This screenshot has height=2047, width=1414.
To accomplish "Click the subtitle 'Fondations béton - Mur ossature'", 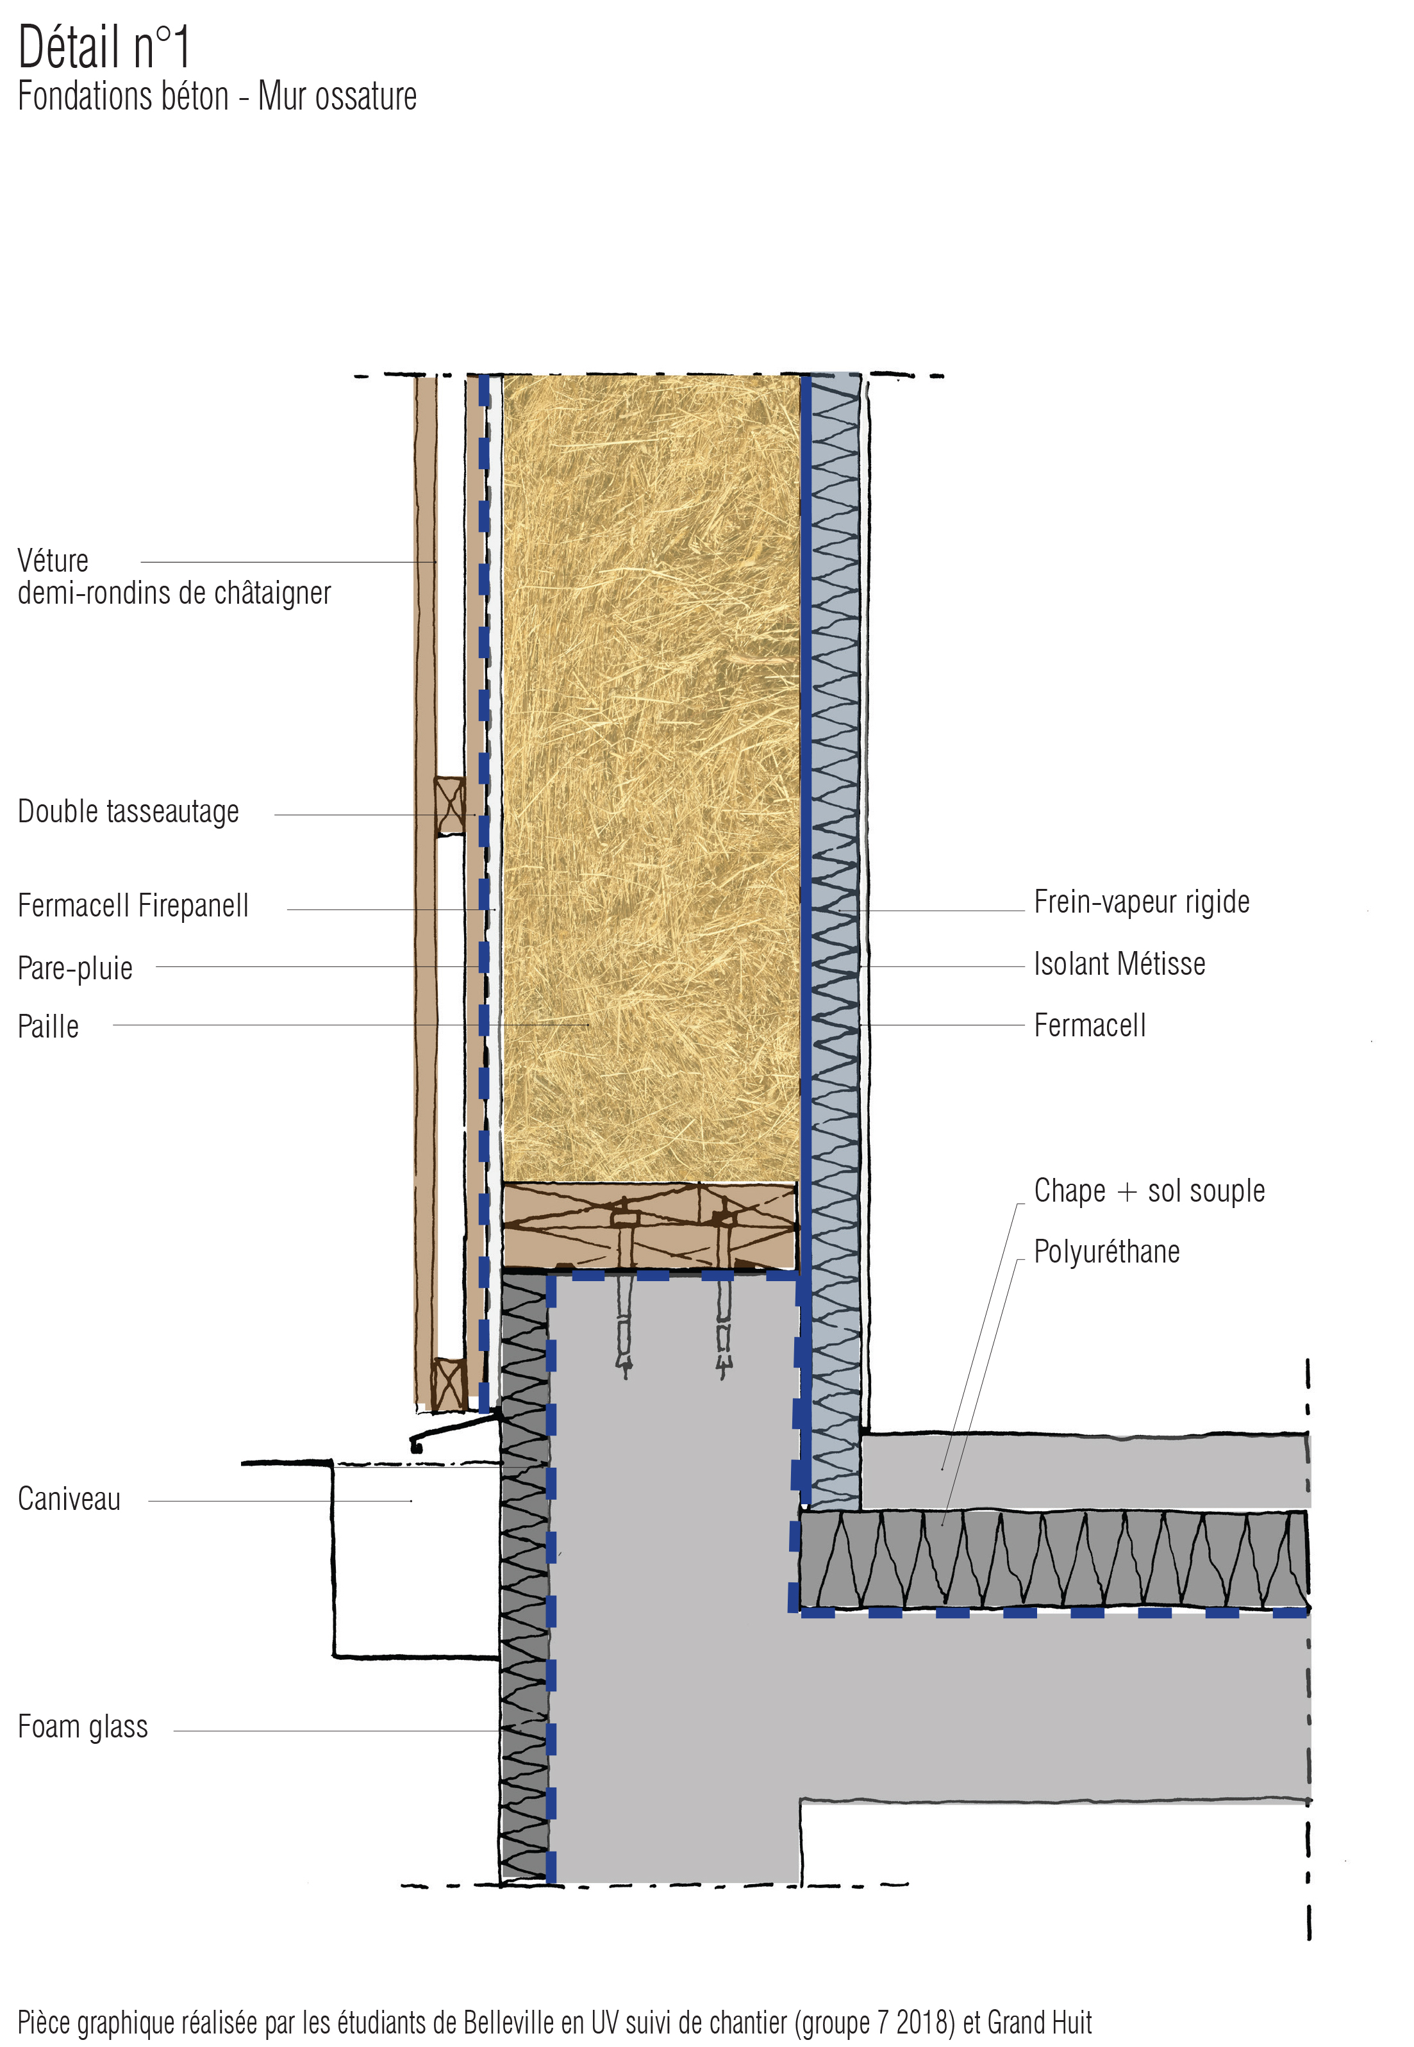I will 217,97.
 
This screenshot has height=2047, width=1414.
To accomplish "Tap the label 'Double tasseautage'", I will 128,811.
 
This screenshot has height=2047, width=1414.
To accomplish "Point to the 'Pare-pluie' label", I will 75,968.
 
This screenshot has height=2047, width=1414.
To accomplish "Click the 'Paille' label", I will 49,1027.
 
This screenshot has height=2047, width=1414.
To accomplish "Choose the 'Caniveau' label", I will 69,1500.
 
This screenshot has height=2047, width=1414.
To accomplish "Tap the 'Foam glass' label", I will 83,1727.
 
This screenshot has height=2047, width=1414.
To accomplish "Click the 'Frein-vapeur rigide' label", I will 1141,902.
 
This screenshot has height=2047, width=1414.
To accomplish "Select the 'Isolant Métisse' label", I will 1119,964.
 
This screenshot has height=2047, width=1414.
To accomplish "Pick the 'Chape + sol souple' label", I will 1149,1191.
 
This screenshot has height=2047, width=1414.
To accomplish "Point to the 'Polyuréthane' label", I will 1106,1252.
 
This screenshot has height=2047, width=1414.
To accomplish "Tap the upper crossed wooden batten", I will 449,806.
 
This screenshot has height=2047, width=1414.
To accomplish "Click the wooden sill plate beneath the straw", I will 649,1226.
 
